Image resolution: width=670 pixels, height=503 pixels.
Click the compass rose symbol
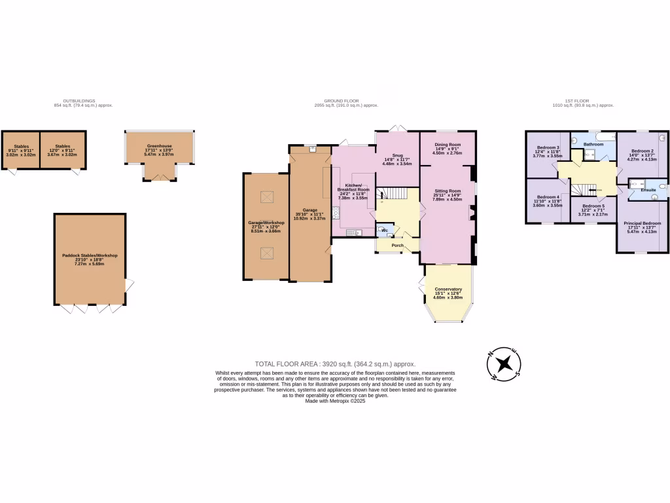pos(504,363)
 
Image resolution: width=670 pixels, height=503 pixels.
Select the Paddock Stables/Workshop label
pos(89,255)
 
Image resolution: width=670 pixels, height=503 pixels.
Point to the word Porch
pos(397,245)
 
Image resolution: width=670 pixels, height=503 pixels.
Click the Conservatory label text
pos(448,289)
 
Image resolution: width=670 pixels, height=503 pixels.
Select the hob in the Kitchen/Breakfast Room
pos(336,212)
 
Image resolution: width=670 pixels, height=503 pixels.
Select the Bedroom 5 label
pos(593,206)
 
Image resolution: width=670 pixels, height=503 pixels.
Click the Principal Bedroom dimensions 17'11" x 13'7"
pos(642,228)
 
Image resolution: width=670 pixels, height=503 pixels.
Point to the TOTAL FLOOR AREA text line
pos(335,363)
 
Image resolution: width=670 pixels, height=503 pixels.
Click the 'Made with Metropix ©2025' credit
pos(335,401)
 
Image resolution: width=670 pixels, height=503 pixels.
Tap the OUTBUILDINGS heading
pos(83,101)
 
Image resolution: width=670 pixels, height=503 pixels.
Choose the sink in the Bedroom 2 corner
pos(662,138)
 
